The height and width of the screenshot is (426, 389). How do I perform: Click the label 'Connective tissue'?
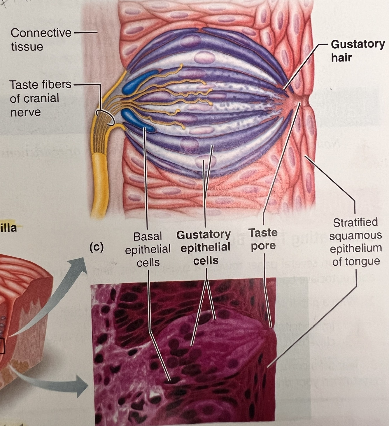[41, 40]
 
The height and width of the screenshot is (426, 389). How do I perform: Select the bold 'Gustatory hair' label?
[358, 51]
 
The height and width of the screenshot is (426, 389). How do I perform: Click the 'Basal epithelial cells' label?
[148, 249]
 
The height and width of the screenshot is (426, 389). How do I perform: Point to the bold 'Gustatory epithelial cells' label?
[206, 247]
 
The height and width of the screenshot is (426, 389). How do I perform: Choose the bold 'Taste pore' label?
[263, 239]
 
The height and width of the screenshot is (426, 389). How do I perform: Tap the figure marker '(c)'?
[97, 247]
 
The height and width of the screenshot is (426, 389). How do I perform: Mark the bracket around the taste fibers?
[105, 118]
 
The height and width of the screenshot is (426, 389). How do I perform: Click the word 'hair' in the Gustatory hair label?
[341, 57]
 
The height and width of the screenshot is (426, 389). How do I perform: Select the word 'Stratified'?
[355, 222]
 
